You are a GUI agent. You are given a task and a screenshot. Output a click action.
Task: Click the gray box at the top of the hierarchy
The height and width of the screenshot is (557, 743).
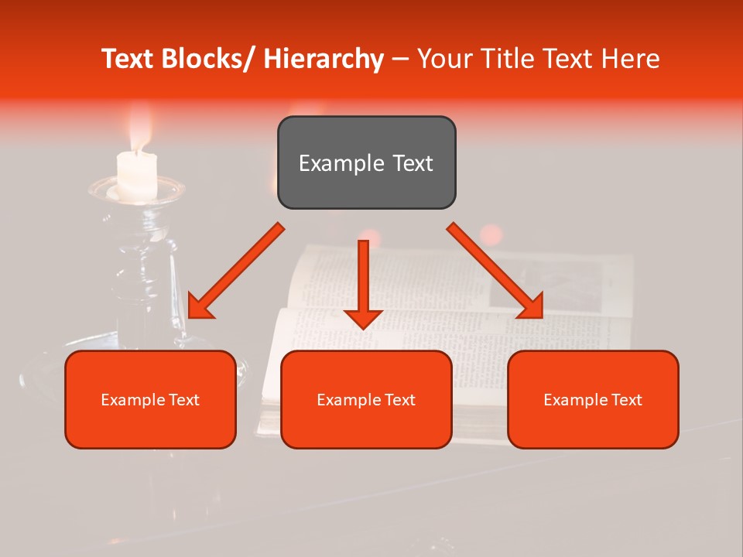pos(366,162)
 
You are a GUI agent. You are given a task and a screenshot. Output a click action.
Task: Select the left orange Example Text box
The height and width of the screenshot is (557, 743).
pos(150,399)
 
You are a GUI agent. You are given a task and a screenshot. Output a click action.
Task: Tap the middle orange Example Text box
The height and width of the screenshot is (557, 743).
pos(366,399)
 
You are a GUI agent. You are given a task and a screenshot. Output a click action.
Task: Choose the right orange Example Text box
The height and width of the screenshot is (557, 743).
pos(593,399)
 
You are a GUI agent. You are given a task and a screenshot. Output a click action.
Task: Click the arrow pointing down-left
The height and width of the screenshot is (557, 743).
pos(236,271)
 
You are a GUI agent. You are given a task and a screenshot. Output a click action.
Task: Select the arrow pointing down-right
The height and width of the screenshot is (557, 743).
pos(495,271)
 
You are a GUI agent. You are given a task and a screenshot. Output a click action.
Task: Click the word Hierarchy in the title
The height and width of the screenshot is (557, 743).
pos(324,59)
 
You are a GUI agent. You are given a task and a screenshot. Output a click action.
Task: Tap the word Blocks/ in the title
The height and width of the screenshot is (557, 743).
pos(212,59)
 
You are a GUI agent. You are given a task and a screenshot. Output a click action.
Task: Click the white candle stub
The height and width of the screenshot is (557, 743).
pos(137,174)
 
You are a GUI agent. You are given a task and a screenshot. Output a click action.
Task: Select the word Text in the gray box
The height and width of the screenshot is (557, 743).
pos(411,163)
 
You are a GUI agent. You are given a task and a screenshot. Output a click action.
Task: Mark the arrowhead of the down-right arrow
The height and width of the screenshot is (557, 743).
pos(532,306)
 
